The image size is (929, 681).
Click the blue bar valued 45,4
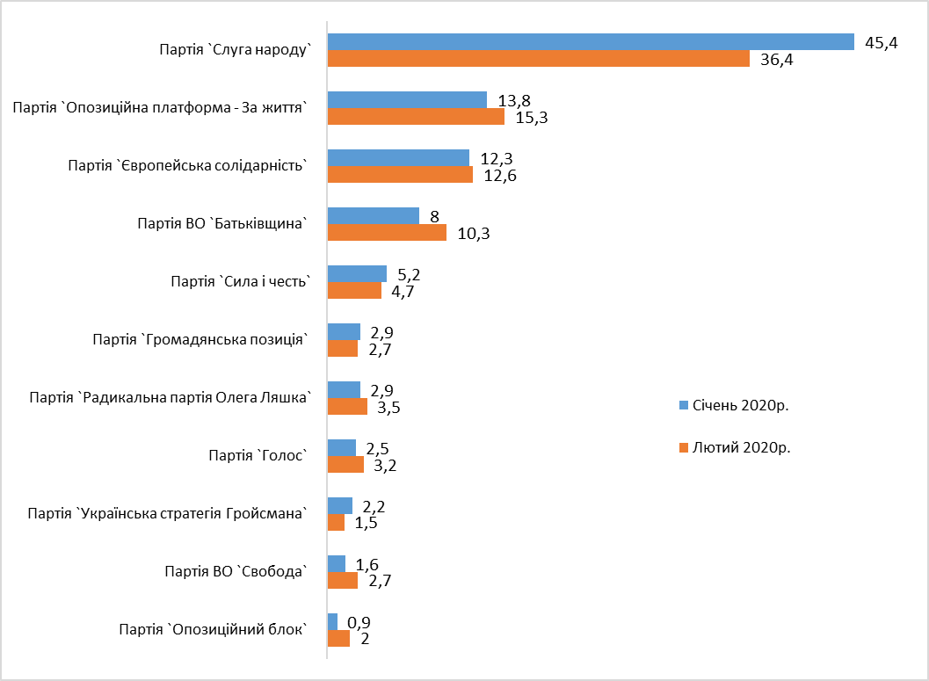click(x=591, y=41)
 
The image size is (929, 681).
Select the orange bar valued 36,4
click(x=538, y=59)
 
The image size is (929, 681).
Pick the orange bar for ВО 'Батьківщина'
click(x=387, y=233)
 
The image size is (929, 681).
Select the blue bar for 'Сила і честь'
click(x=357, y=273)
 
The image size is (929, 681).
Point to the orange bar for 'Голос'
click(x=345, y=465)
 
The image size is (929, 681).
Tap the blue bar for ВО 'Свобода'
click(x=336, y=563)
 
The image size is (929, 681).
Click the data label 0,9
click(x=359, y=623)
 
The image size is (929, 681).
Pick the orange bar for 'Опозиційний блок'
click(x=338, y=639)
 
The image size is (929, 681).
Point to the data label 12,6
click(x=499, y=176)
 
